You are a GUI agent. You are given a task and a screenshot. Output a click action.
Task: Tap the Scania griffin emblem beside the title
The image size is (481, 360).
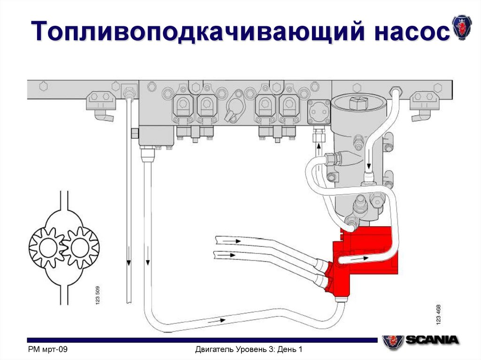(x=462, y=27)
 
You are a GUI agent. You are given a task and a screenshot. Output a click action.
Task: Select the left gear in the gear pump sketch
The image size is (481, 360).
(x=46, y=247)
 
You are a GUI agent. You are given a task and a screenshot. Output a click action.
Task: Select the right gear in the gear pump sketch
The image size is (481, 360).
(x=80, y=247)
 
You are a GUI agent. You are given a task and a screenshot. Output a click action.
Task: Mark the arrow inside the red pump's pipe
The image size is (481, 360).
(x=362, y=258)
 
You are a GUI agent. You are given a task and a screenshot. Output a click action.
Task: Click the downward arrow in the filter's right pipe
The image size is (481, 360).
(x=369, y=164)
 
